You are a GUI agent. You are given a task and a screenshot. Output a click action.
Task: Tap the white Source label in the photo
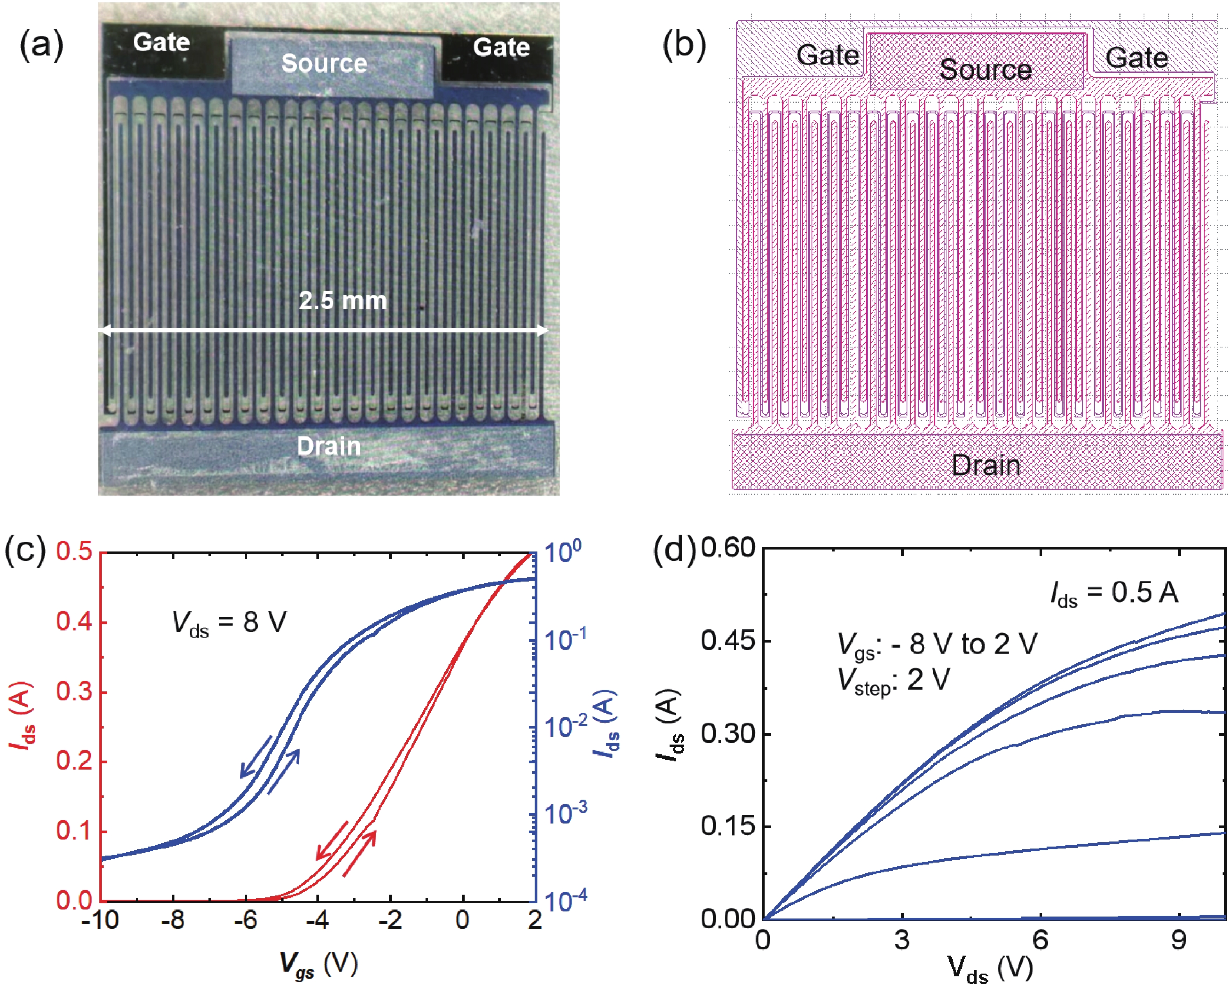click(x=324, y=63)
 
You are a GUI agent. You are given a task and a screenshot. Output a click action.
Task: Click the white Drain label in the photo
click(x=329, y=446)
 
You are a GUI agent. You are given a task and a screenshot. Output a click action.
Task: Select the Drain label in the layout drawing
click(x=985, y=465)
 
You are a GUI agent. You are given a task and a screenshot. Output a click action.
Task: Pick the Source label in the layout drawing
click(x=985, y=70)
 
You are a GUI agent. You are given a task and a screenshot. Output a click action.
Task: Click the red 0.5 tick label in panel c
click(x=74, y=551)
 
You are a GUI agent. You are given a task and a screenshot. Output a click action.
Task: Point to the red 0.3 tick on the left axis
click(x=74, y=692)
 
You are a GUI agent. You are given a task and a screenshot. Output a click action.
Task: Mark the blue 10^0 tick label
click(x=562, y=551)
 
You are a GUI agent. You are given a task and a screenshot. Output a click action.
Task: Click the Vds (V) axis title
click(x=990, y=968)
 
